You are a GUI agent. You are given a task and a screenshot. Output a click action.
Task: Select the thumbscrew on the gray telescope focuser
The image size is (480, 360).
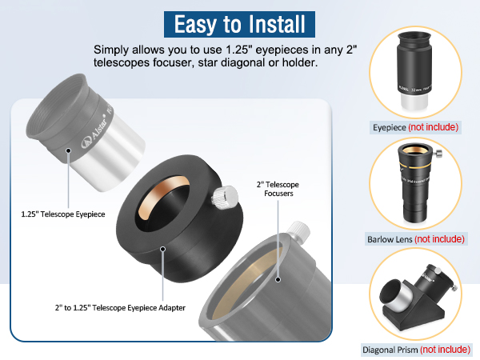[x=298, y=232]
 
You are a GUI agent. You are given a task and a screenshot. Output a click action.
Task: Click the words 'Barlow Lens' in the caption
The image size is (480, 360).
[x=387, y=238]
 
